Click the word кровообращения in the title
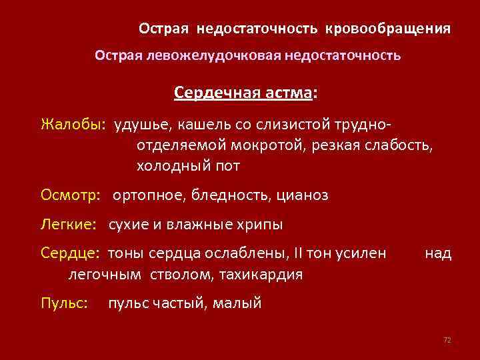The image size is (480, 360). tap(388, 30)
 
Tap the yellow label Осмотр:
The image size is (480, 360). tap(70, 195)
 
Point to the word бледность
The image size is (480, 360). tap(227, 195)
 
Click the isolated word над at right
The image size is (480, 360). tap(438, 254)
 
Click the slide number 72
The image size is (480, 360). tap(447, 340)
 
